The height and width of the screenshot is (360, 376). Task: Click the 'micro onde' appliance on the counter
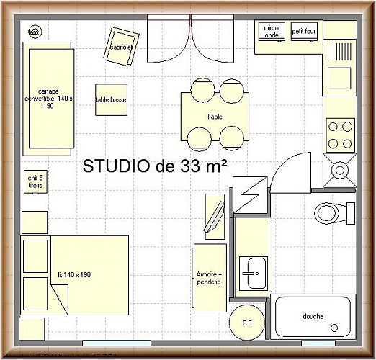[x=271, y=32]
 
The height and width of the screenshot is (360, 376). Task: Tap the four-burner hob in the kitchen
[x=340, y=135]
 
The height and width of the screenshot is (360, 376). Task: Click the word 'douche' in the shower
[x=313, y=316]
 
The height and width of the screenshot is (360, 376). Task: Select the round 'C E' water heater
[x=246, y=322]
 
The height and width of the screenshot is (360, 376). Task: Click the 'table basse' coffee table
[x=111, y=100]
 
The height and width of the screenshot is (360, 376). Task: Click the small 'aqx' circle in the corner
[x=34, y=32]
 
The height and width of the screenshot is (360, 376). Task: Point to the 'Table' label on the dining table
[x=215, y=115]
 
